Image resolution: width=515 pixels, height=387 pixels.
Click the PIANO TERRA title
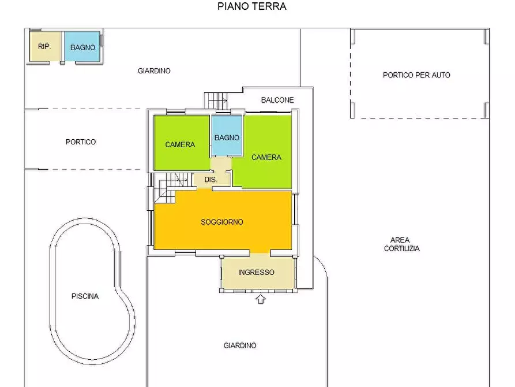pyautogui.click(x=252, y=6)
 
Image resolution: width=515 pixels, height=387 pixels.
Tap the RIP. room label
pyautogui.click(x=44, y=47)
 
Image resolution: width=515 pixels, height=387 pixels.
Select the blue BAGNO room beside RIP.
pyautogui.click(x=82, y=46)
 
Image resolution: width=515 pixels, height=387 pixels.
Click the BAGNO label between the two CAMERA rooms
pyautogui.click(x=227, y=137)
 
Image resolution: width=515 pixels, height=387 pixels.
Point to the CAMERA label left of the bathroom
pyautogui.click(x=180, y=144)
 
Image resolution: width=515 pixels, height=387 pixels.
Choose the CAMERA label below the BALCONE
pyautogui.click(x=266, y=157)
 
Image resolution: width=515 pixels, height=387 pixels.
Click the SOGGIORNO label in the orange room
pyautogui.click(x=222, y=222)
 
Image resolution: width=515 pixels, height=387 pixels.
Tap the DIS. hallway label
pyautogui.click(x=211, y=180)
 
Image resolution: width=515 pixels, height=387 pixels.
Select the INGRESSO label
pyautogui.click(x=256, y=272)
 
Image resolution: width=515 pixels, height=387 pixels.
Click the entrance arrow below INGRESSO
pyautogui.click(x=261, y=299)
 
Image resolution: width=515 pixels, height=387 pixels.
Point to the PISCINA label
pyautogui.click(x=85, y=296)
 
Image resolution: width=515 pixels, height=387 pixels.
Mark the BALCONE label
pyautogui.click(x=277, y=100)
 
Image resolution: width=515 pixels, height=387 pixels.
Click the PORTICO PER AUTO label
pyautogui.click(x=416, y=75)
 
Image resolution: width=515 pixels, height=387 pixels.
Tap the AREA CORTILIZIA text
pyautogui.click(x=402, y=244)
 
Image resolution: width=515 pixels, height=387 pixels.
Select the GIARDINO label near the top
pyautogui.click(x=154, y=70)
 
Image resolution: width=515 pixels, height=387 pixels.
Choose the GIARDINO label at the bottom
pyautogui.click(x=240, y=345)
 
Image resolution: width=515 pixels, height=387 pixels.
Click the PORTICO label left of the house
pyautogui.click(x=81, y=142)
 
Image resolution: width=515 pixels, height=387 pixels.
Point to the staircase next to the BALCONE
pyautogui.click(x=216, y=101)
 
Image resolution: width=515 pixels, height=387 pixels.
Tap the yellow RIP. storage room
pyautogui.click(x=45, y=46)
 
